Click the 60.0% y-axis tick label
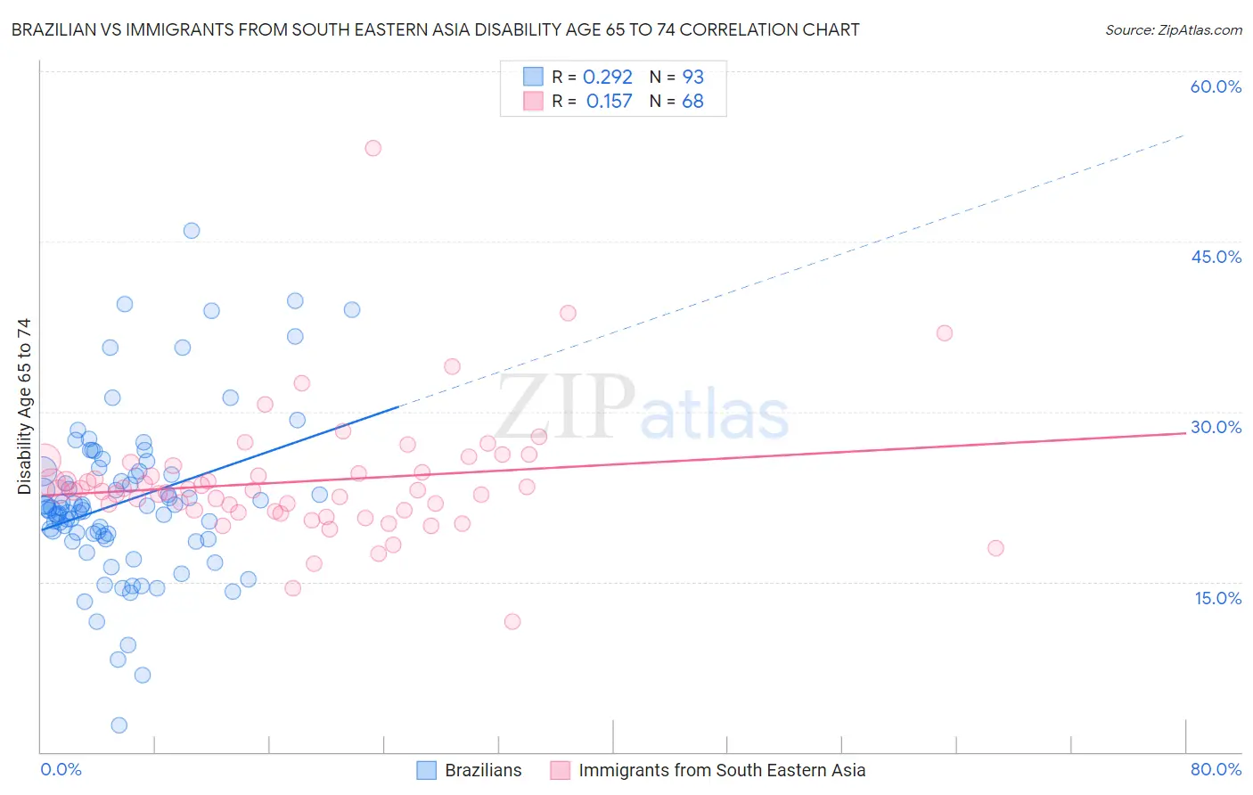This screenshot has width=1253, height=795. [1216, 86]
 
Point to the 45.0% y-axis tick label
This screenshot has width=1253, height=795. [1216, 257]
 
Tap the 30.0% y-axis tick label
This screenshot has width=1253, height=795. [1216, 427]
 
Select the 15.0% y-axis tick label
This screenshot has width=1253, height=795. [1217, 597]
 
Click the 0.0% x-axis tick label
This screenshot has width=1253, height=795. [61, 769]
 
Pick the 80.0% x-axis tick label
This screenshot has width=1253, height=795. [1216, 769]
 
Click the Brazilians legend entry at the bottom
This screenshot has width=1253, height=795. [482, 770]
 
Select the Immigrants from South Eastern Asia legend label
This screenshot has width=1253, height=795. [721, 770]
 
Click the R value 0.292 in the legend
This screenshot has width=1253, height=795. [607, 78]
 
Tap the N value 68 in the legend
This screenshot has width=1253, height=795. [692, 102]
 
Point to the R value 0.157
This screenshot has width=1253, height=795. [609, 102]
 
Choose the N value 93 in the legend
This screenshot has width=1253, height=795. [692, 78]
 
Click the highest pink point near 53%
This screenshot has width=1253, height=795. [373, 148]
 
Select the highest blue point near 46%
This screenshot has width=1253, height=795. [192, 231]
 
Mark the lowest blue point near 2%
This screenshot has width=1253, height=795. [119, 725]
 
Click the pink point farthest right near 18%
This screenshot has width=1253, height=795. [995, 548]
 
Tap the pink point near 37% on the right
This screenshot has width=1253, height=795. [945, 333]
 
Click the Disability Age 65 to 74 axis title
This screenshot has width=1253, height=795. [24, 406]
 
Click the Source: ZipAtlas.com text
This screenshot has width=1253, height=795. [1173, 30]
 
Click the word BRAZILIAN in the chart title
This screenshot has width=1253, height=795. [53, 30]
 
